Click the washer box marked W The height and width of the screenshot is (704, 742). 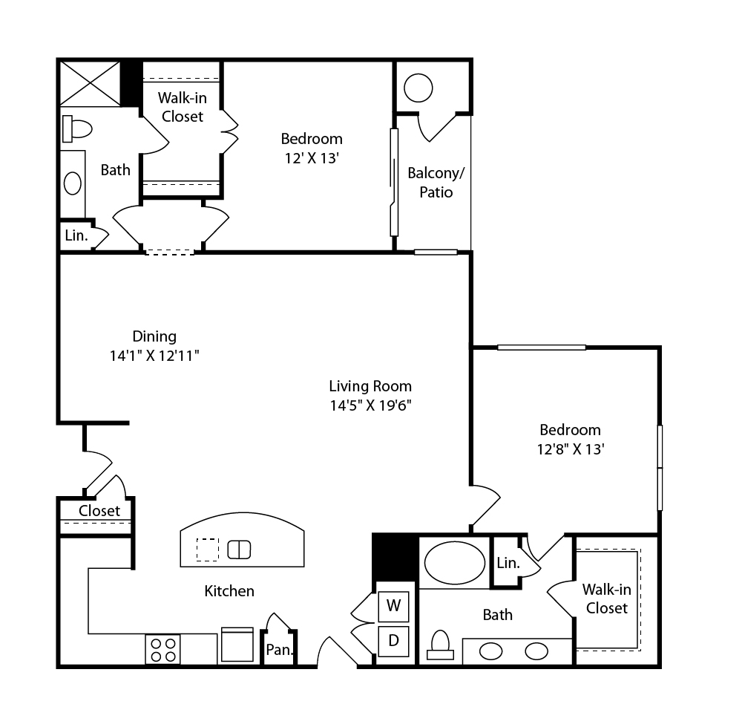coord(393,606)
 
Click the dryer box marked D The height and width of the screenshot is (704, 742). coord(393,641)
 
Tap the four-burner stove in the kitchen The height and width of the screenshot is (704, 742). coord(162,649)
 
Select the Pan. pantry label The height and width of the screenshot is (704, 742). coord(279,650)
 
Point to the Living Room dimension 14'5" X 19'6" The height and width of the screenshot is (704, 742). coord(370,405)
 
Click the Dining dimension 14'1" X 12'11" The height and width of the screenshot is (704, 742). coord(154,355)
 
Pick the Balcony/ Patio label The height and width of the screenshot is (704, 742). coord(436,183)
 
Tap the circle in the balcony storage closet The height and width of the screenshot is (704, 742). coord(418,88)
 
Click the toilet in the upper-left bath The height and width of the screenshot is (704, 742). coord(76,128)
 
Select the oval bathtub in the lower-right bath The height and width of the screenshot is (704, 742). coord(454,563)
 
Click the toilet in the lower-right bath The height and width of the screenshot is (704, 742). coord(440,645)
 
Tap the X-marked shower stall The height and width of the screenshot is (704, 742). coord(90,83)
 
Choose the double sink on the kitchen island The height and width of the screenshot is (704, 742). coord(239,550)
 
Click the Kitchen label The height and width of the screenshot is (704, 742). coord(229,591)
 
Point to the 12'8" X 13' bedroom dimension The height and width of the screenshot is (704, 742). coord(570,449)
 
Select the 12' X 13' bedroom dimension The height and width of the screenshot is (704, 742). coord(312,158)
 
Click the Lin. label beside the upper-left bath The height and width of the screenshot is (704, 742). coord(76,235)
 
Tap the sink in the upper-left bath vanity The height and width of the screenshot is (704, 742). coord(73,183)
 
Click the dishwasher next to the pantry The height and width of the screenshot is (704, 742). coord(237,645)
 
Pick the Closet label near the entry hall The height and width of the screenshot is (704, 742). coord(99,511)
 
